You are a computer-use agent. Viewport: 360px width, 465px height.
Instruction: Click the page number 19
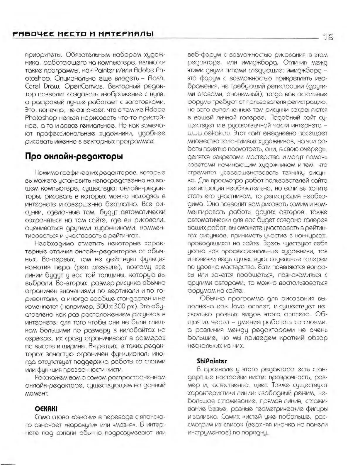[328, 36]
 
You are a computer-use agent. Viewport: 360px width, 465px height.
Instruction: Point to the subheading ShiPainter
[212, 361]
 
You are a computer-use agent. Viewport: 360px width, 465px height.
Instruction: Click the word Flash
[156, 79]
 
